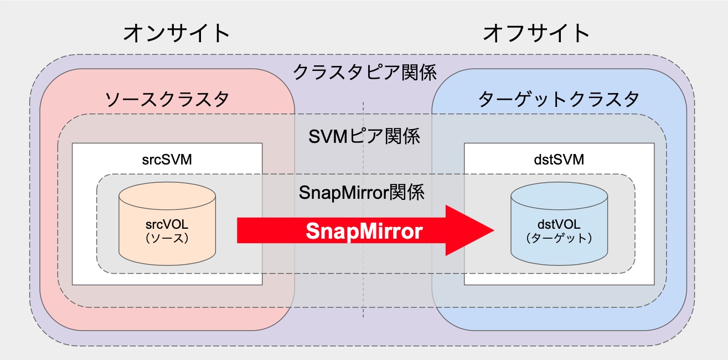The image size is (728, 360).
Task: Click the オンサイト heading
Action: (176, 33)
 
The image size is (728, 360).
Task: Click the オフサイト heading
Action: (536, 33)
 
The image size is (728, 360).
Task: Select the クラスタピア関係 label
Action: (364, 73)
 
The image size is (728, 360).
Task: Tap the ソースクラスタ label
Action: (167, 100)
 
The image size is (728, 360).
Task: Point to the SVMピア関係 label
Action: (364, 135)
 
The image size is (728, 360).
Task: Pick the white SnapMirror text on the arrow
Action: (364, 231)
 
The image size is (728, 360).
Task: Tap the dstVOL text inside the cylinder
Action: (559, 226)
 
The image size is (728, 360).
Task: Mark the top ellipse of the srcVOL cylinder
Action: (167, 195)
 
